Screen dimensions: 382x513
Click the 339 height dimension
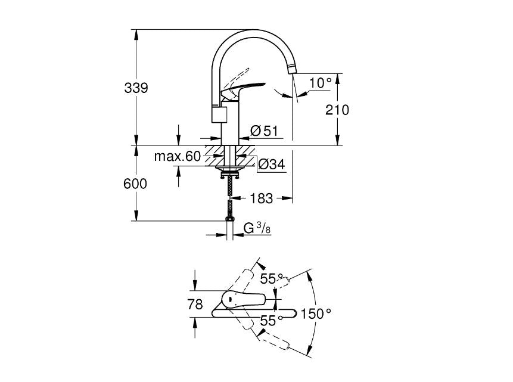[136, 88]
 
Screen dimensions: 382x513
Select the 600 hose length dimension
[135, 184]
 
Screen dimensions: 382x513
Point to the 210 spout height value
[337, 110]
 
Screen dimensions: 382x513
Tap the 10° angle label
[320, 83]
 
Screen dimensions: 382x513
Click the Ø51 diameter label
[265, 131]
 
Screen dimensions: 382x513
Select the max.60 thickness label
[178, 157]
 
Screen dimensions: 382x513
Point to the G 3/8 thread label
[257, 227]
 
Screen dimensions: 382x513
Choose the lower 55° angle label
[272, 321]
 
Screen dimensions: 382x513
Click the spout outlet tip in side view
[291, 69]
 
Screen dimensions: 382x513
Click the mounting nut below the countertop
[229, 172]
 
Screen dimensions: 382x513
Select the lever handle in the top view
[244, 299]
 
